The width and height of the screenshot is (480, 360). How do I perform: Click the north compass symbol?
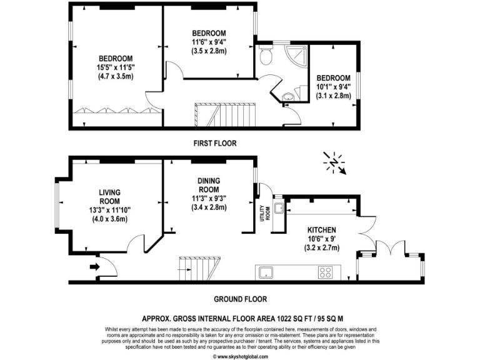tap(335, 162)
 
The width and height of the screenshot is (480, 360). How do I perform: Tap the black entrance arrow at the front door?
tap(94, 267)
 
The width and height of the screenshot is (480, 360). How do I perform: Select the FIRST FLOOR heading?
tap(214, 143)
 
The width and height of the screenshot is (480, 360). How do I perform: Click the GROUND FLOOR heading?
tap(240, 299)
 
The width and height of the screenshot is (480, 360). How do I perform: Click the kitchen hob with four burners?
tap(325, 272)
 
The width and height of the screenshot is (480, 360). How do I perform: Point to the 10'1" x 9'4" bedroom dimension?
tap(332, 87)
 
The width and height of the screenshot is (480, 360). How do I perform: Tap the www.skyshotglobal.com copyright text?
tap(240, 356)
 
